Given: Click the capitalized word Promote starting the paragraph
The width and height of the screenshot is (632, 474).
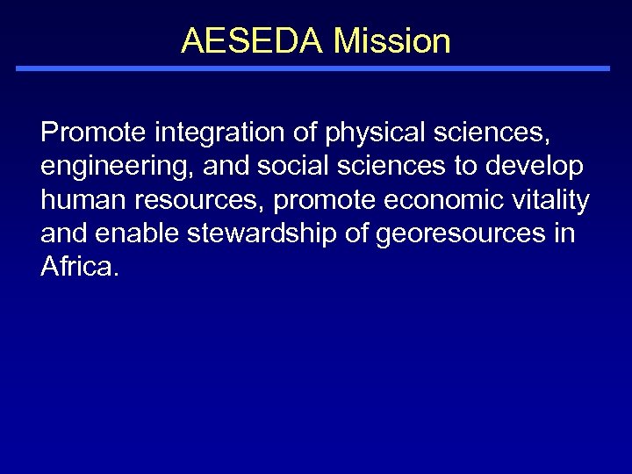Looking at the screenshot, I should point(93,133).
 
